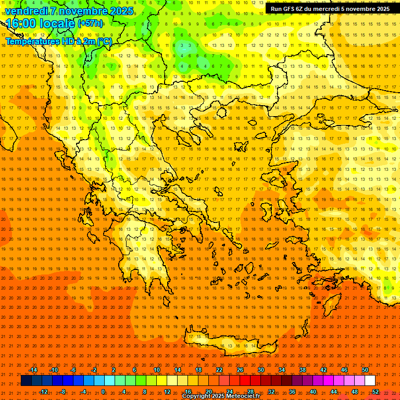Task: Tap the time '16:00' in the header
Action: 21,23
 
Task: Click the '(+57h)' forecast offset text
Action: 90,23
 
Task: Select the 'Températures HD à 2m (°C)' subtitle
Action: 58,41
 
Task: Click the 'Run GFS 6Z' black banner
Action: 330,9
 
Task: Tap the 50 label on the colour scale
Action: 365,370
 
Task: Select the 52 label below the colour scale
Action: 376,391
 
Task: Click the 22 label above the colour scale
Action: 219,370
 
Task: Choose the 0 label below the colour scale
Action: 103,391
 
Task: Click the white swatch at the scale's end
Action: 370,381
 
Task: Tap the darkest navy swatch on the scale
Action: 26,381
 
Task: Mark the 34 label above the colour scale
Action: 282,370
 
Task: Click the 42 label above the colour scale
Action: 323,370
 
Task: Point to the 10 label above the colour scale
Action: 157,370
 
